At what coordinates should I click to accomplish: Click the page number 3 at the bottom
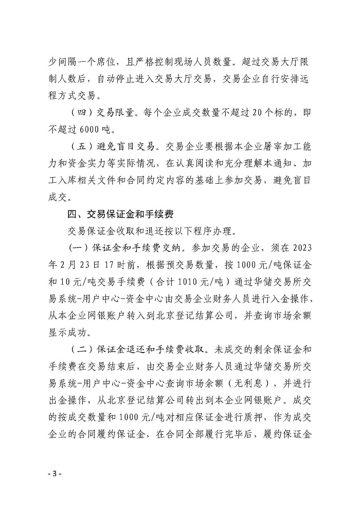(x=53, y=473)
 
